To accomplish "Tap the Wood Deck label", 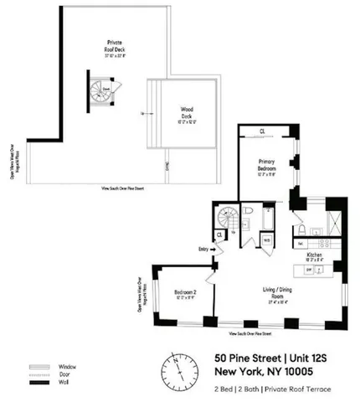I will (188, 112).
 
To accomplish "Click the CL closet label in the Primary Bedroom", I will (263, 131).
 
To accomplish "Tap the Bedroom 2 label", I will (186, 293).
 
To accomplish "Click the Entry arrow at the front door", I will (203, 248).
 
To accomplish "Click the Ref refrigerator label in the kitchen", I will (301, 244).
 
